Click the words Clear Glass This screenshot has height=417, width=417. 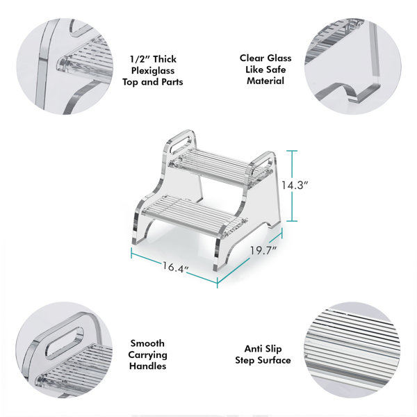265,58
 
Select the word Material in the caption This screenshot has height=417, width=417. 265,81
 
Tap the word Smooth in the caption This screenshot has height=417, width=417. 148,343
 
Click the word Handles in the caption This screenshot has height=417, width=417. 148,366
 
